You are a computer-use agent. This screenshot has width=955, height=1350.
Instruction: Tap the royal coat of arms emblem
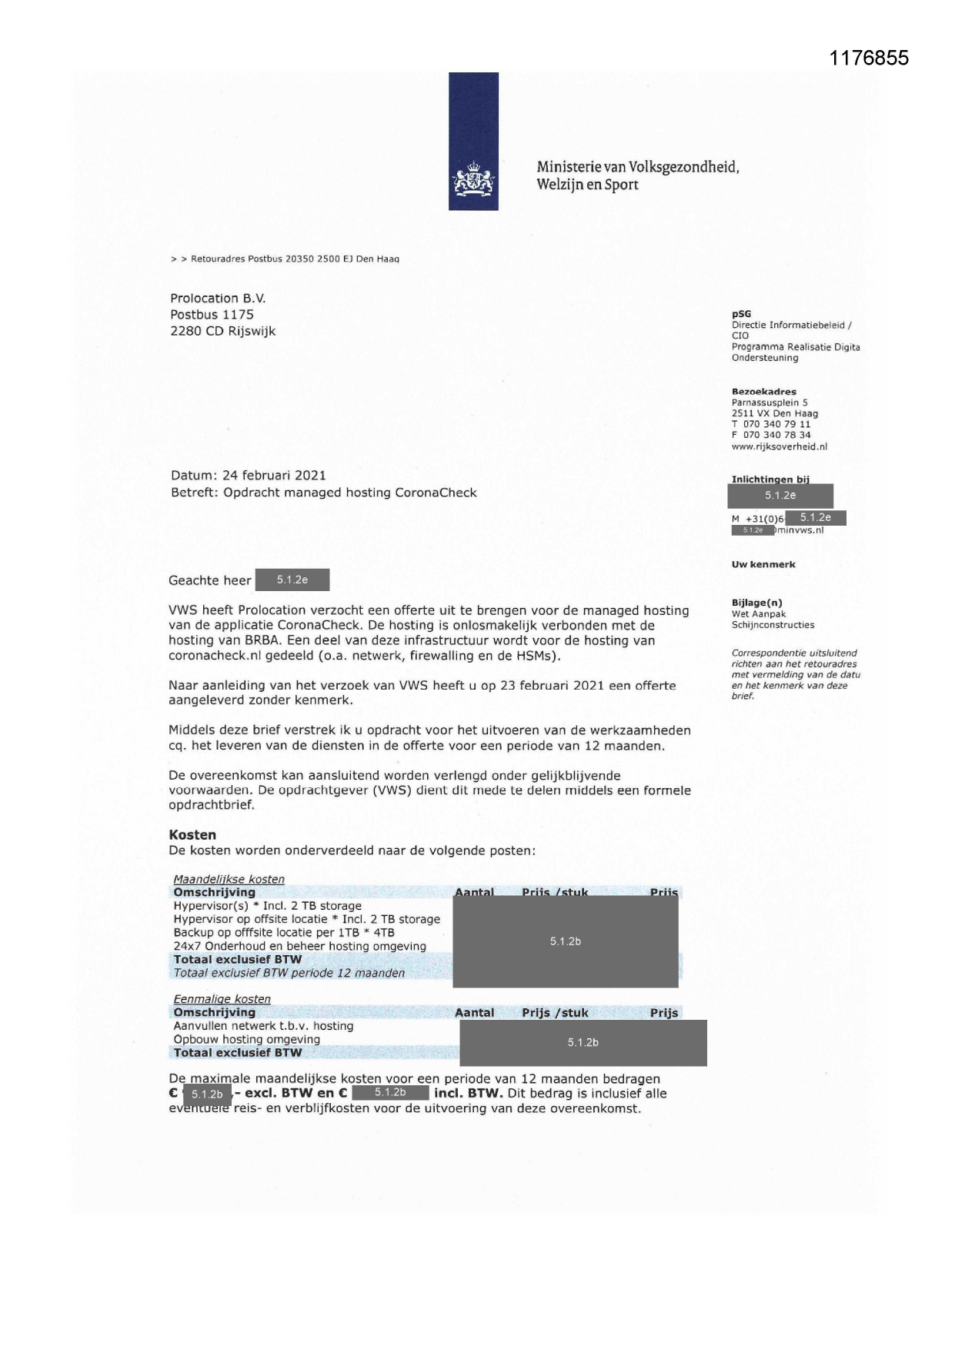473,179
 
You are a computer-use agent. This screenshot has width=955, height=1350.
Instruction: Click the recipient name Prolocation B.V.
218,298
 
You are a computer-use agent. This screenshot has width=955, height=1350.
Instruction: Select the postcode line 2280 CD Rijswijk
222,331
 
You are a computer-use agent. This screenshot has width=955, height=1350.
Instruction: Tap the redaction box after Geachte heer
292,580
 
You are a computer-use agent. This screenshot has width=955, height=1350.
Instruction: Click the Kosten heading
192,834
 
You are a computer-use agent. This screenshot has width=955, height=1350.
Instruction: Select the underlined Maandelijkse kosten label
229,879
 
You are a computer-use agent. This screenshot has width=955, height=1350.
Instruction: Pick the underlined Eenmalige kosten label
222,999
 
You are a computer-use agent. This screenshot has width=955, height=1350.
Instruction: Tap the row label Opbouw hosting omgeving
246,1039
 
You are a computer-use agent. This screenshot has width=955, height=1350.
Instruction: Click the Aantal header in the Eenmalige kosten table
474,1013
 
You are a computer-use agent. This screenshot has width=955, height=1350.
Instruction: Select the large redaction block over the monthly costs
565,941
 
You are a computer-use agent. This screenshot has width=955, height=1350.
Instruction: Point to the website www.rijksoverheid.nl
779,446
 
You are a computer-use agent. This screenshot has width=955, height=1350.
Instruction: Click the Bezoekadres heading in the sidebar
763,392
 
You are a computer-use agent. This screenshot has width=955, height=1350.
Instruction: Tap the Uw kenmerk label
763,564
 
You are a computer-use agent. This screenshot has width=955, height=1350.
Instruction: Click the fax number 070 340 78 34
776,435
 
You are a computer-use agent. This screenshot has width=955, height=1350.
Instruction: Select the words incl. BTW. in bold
468,1093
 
